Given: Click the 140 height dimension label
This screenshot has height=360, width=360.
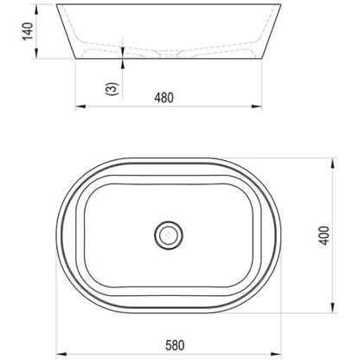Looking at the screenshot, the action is click(29, 31).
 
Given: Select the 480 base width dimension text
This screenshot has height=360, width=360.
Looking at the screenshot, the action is click(164, 98).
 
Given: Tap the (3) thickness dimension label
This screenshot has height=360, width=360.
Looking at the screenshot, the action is click(112, 89).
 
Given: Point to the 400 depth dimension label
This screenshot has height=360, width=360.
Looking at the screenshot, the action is click(325, 235).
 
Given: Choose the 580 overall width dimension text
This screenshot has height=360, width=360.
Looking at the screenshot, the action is click(175, 345).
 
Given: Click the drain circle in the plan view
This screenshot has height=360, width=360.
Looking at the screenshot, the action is click(169, 235).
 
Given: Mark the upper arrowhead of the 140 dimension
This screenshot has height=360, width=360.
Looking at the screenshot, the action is click(36, 10).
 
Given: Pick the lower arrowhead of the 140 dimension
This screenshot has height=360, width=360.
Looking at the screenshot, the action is click(36, 54).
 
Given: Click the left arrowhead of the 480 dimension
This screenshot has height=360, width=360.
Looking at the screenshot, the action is click(80, 106).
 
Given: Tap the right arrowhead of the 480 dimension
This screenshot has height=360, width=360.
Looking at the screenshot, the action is click(256, 106).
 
